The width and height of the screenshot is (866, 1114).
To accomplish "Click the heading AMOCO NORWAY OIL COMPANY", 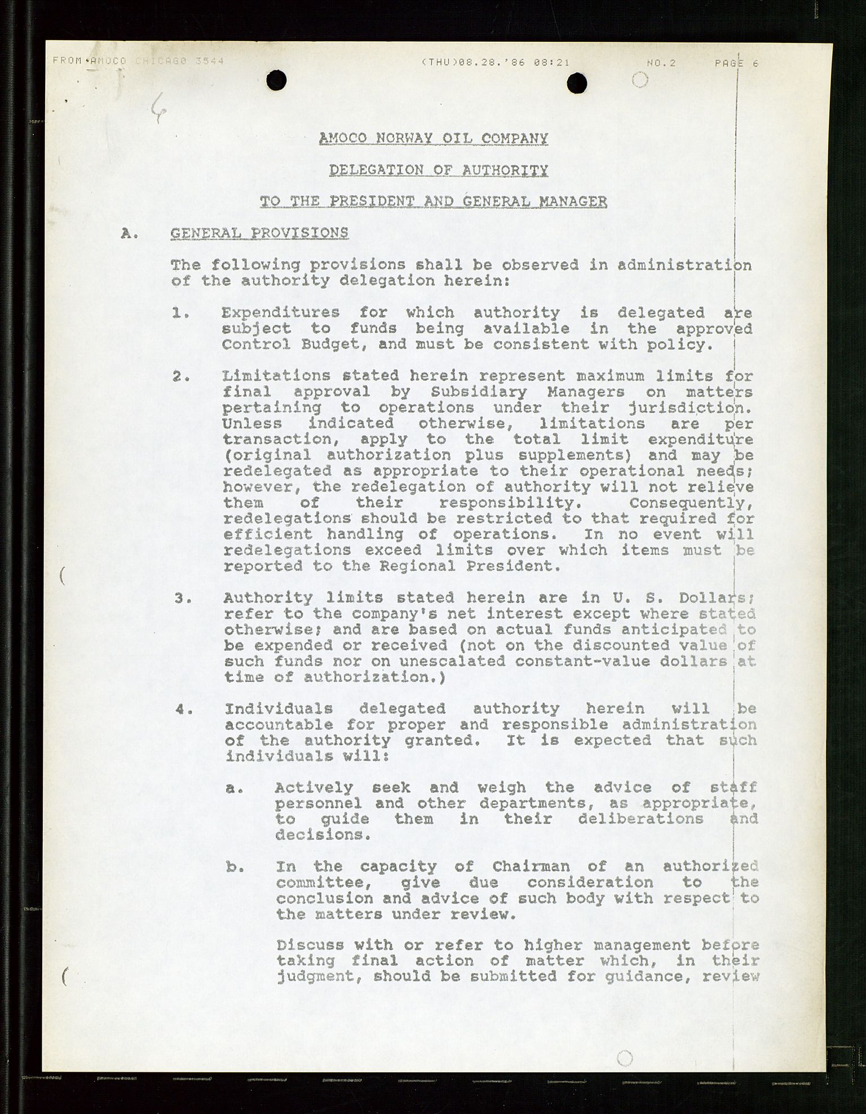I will click(x=433, y=138).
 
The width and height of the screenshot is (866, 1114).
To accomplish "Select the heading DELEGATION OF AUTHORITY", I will click(x=438, y=170).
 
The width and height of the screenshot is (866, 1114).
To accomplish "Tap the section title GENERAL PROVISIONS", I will click(x=259, y=233).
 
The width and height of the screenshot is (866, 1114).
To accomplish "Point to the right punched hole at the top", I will click(x=577, y=83).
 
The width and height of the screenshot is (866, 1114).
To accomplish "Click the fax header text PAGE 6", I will click(x=736, y=63).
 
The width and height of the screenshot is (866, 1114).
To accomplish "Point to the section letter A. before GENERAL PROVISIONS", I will click(x=129, y=234).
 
